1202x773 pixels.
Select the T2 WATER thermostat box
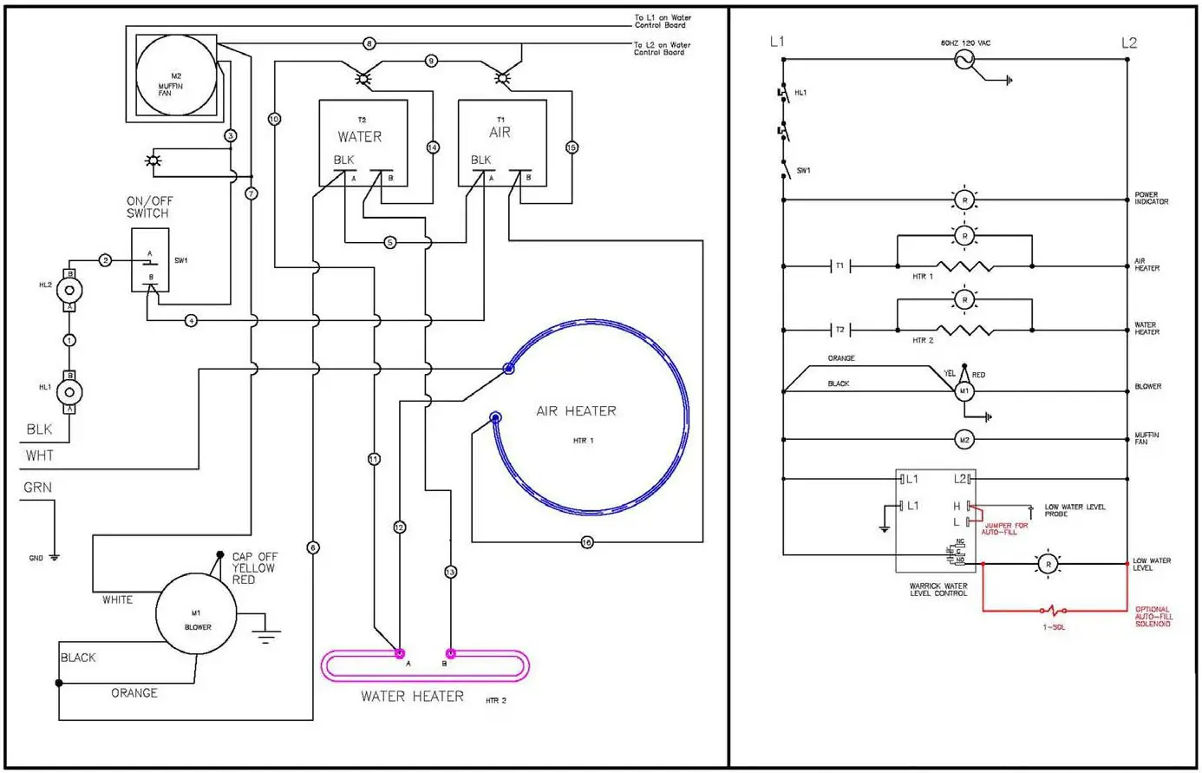(x=363, y=142)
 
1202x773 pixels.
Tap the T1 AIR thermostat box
(x=502, y=142)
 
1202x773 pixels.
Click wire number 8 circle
(x=369, y=43)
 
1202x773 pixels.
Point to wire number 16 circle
(x=587, y=542)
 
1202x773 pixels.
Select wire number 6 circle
(x=313, y=547)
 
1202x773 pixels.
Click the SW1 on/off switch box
(x=150, y=260)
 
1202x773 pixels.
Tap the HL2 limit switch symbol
(x=70, y=290)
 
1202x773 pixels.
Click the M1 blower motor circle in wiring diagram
(x=197, y=619)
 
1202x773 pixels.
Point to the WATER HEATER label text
(x=412, y=696)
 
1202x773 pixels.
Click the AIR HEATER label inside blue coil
(x=576, y=411)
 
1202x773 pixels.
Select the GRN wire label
(x=37, y=488)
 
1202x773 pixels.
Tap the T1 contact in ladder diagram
(x=839, y=266)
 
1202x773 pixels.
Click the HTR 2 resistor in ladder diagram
(x=964, y=331)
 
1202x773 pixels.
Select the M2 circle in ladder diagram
(x=964, y=440)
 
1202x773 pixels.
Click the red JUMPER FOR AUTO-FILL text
(x=1006, y=528)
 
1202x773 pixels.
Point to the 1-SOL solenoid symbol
(x=1053, y=611)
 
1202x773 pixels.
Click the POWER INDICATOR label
(x=1151, y=199)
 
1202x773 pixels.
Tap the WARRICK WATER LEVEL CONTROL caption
(x=938, y=590)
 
